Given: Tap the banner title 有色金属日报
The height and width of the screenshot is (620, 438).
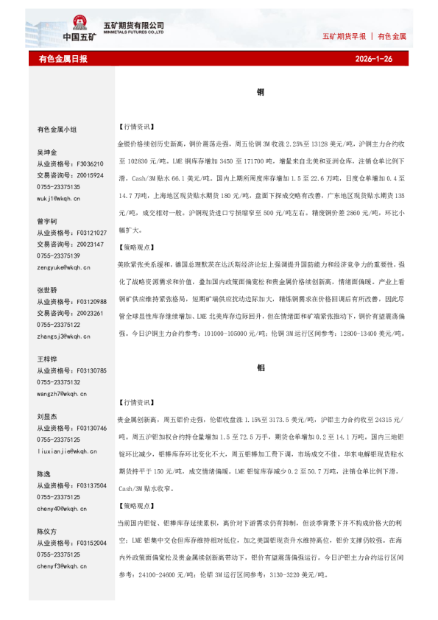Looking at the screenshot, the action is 63,58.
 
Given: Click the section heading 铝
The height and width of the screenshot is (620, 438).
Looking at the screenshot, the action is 260,366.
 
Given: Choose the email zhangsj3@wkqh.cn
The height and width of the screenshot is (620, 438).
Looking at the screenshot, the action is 63,336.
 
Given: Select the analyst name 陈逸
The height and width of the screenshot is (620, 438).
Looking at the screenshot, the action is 43,474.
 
